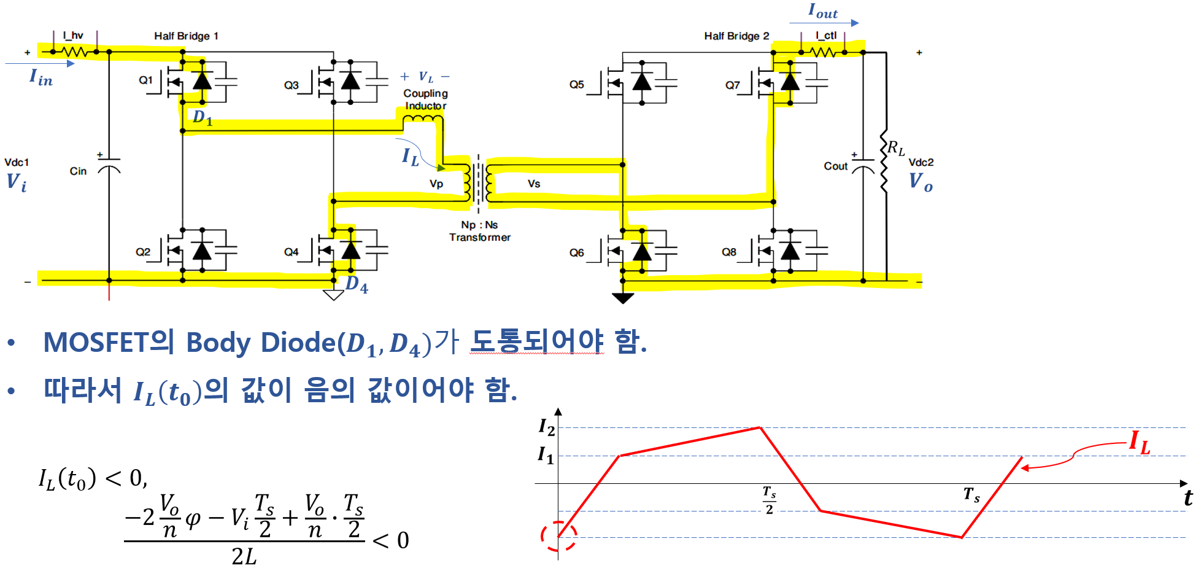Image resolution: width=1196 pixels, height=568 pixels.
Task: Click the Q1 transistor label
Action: coord(145,80)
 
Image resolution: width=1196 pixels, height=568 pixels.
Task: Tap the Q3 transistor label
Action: coord(291,85)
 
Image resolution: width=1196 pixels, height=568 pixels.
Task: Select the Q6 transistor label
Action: coord(577,252)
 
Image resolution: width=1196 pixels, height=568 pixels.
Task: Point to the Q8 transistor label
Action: coord(729,252)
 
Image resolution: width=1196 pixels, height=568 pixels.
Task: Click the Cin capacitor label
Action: coord(78,171)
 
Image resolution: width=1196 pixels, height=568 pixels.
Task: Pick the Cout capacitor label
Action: coord(836,166)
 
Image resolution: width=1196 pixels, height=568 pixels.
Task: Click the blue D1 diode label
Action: coord(203,117)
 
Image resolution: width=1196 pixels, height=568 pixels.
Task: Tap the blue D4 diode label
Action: coord(357,285)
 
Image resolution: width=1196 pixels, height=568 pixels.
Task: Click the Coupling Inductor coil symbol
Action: coord(422,119)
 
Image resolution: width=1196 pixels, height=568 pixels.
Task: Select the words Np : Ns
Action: coord(479,225)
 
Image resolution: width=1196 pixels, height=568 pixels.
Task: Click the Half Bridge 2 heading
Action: coord(736,36)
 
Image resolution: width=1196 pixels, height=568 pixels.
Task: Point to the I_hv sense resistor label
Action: coord(73,35)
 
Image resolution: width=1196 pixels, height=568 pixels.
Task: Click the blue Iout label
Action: coord(823,11)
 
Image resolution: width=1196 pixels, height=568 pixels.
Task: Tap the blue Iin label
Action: coord(41,77)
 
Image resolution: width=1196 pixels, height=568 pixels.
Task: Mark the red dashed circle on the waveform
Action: coord(558,536)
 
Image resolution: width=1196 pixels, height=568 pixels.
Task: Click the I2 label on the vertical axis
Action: coord(546,426)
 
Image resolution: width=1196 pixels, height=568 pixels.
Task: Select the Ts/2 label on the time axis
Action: coord(769,500)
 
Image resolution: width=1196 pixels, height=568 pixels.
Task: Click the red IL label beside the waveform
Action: coord(1140,442)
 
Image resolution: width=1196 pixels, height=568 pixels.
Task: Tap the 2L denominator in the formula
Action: coord(244,556)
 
